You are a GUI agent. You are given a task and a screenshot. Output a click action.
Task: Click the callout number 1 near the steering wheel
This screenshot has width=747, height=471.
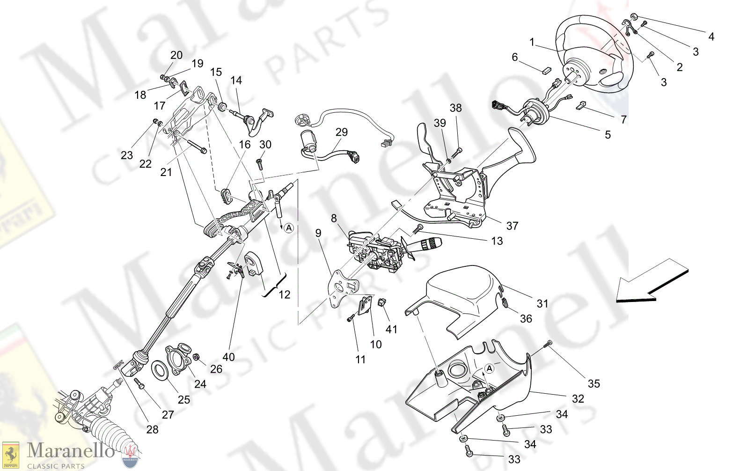pos(532,43)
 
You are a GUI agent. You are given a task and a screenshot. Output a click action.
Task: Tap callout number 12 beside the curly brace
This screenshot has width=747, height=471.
pos(285,294)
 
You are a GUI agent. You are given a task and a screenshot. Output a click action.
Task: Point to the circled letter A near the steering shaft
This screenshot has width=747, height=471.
pos(289,228)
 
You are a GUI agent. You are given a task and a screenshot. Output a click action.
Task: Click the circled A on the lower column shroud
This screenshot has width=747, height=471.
pos(489,369)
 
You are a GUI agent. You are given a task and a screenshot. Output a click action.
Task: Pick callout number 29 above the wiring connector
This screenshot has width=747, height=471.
pos(342,132)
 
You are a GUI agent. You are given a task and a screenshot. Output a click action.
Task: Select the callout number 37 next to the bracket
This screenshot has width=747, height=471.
pos(512,226)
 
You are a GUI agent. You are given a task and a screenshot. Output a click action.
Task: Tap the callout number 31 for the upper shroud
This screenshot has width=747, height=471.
pos(542,303)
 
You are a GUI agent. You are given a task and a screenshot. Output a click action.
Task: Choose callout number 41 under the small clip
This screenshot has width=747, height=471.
pos(391,329)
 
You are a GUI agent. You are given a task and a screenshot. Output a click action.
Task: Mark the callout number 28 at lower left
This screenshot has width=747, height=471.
pos(153,429)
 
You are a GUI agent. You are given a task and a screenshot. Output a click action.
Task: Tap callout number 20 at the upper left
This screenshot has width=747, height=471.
pos(176,55)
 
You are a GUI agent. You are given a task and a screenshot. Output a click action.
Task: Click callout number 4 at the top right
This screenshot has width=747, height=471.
pos(711,36)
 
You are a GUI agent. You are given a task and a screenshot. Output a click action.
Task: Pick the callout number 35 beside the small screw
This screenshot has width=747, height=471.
pos(593,383)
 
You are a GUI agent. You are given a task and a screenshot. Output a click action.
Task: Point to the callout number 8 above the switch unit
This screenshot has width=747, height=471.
pos(334,218)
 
